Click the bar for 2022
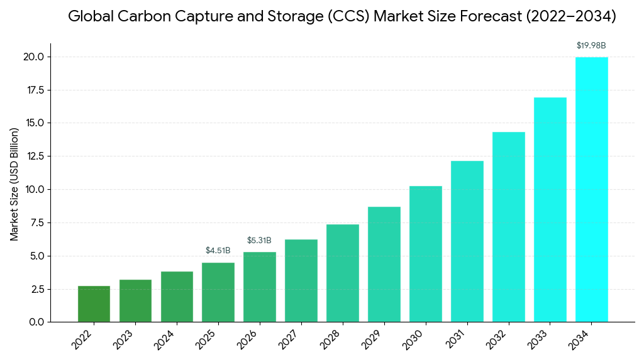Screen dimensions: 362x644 [x=94, y=304]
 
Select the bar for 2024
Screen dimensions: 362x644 [x=177, y=297]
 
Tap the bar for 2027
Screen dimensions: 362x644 [x=301, y=280]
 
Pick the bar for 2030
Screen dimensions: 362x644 [x=426, y=254]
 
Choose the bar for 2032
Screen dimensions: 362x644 [x=508, y=227]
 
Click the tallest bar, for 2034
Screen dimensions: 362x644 [x=591, y=189]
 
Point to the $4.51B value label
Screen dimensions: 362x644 [x=218, y=251]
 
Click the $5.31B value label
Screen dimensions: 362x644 [x=259, y=241]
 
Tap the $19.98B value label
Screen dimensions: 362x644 [x=591, y=46]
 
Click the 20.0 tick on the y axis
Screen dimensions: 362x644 [x=34, y=57]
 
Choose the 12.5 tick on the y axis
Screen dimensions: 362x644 [x=34, y=156]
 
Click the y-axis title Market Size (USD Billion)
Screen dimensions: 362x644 [x=14, y=184]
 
